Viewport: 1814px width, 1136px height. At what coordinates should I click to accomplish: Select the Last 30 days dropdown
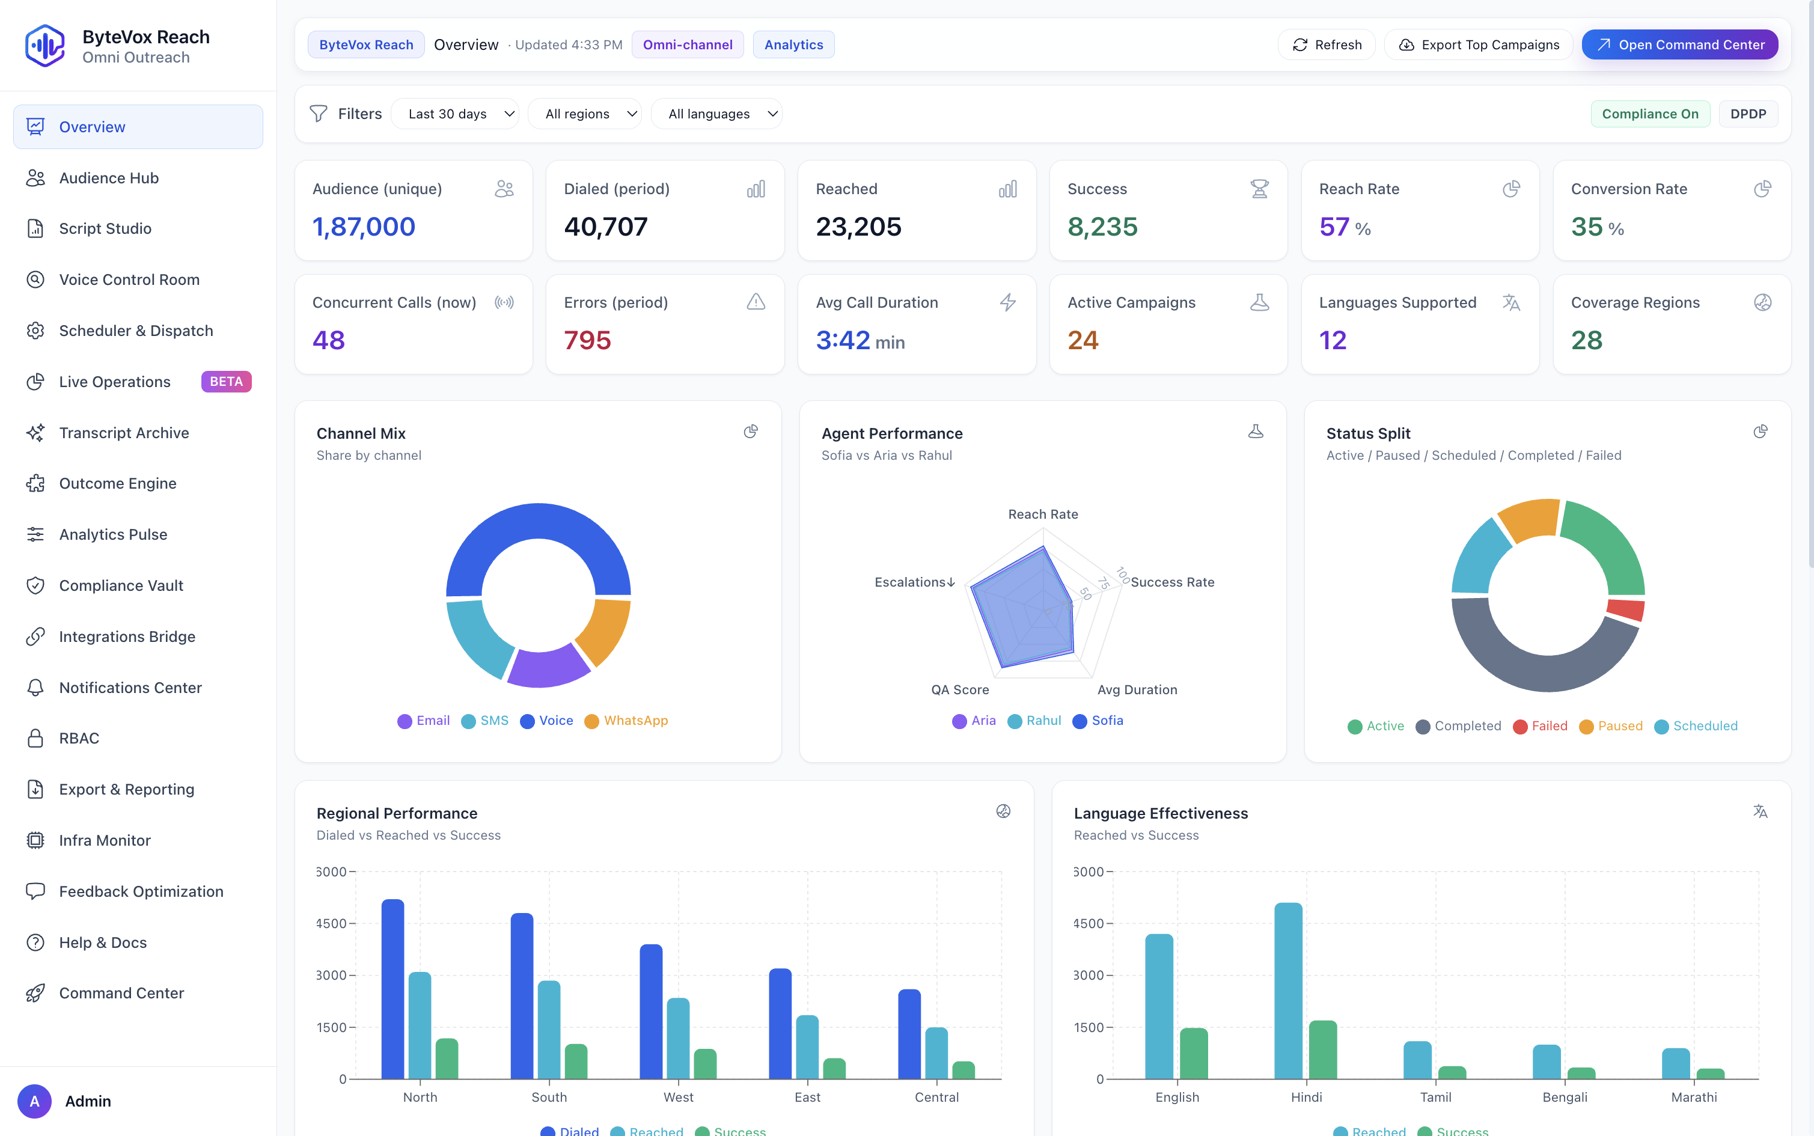(x=454, y=114)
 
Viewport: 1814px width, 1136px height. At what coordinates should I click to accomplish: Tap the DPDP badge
(x=1747, y=114)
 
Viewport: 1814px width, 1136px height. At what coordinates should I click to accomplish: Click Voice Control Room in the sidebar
(x=129, y=279)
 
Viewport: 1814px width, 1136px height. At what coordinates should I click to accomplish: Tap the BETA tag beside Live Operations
(x=226, y=382)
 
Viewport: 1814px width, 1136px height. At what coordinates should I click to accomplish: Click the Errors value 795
(x=587, y=340)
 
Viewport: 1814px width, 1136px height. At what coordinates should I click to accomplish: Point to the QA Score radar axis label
(x=960, y=690)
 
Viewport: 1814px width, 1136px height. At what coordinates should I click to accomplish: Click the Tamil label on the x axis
(x=1435, y=1097)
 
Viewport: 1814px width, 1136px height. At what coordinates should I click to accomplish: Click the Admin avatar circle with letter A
(x=34, y=1101)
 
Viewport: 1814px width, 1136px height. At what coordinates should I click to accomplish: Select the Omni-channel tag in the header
(x=686, y=45)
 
